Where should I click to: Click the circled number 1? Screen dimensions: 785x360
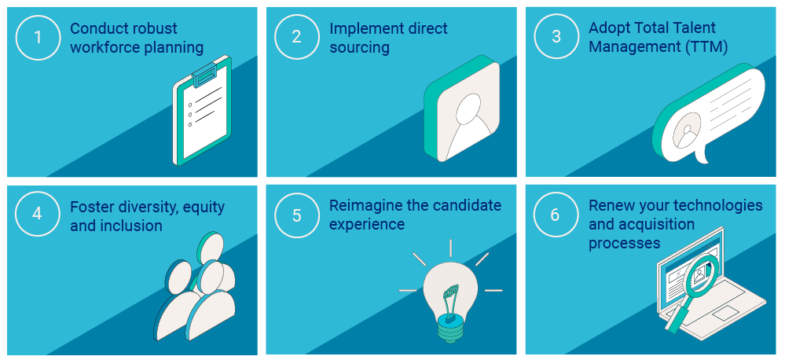38,37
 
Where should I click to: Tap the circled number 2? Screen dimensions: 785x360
297,37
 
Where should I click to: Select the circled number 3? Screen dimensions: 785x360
556,37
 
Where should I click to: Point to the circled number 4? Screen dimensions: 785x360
38,215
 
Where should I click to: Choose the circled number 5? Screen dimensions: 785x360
297,215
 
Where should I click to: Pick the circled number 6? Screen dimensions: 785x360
556,215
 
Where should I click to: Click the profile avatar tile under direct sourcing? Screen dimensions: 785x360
462,108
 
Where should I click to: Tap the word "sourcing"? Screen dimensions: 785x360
359,48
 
